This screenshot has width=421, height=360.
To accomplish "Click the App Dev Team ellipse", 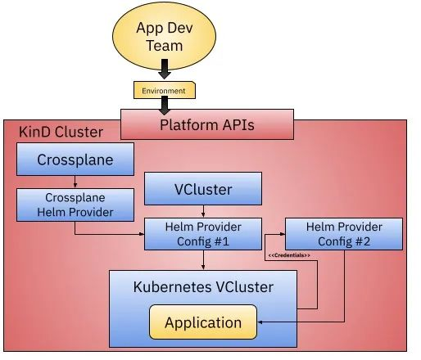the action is (x=164, y=36).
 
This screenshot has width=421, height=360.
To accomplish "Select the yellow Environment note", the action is (x=165, y=90).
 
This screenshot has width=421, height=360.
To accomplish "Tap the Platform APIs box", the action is (x=207, y=124).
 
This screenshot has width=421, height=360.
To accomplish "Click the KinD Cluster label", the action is (x=61, y=132).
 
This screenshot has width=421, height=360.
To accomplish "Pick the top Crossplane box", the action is (x=75, y=160).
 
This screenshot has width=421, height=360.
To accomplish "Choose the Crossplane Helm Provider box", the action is (x=75, y=205).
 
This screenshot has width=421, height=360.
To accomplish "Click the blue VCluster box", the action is (x=203, y=188).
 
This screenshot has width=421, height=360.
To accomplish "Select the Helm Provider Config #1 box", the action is (x=203, y=234).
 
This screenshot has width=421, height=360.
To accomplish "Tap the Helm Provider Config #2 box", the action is (x=344, y=234).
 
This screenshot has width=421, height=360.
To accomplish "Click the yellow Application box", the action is (x=203, y=322).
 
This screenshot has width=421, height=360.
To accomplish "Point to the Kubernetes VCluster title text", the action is (x=203, y=287).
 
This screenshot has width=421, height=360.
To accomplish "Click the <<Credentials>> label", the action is (x=289, y=255).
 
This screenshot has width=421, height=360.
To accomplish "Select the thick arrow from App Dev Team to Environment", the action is (x=165, y=70).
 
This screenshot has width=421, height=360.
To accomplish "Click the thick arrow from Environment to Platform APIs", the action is (x=165, y=106).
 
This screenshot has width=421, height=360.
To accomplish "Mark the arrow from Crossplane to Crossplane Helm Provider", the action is (x=75, y=182).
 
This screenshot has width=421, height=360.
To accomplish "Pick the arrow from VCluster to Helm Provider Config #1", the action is (x=203, y=211).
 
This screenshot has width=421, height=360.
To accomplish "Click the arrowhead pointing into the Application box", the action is (x=260, y=322).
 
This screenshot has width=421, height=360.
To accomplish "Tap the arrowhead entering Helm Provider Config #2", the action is (x=283, y=234).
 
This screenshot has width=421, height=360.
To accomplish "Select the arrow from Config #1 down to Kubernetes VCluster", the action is (x=203, y=260).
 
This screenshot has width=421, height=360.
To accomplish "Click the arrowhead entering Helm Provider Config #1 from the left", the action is (x=142, y=234).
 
